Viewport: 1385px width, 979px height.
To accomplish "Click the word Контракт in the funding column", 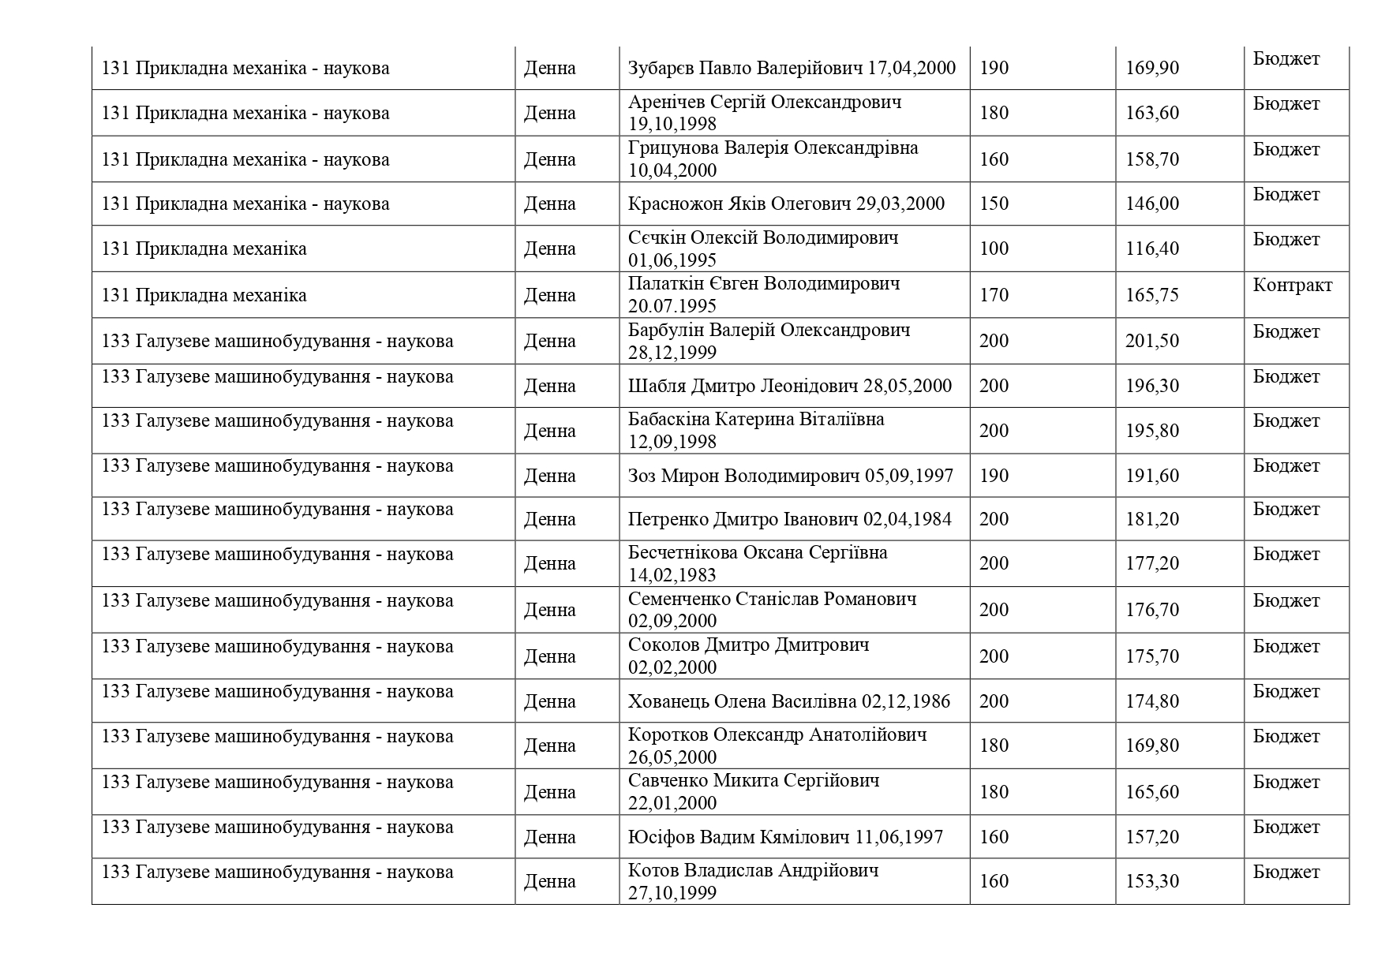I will click(1292, 285).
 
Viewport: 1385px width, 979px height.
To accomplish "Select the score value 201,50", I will click(1152, 341).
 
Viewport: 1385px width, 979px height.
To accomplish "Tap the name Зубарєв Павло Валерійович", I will click(745, 68).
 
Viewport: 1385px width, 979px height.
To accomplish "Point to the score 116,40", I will click(1152, 249).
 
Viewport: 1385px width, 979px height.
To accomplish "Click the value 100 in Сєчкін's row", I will click(994, 249).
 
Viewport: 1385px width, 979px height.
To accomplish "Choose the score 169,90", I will click(1152, 68).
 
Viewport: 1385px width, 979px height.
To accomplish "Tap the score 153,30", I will click(1152, 881).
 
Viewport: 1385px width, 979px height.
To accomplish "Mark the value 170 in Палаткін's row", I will click(994, 295).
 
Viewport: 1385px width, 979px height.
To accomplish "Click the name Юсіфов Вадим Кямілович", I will click(739, 837).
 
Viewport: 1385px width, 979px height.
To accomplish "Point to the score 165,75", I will click(1152, 295).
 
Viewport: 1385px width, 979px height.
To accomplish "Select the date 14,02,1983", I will click(672, 575).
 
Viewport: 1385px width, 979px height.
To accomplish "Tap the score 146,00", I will click(1152, 204).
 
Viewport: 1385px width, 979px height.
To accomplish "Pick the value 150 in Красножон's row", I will click(994, 204).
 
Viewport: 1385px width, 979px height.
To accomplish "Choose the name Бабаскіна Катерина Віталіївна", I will click(756, 419).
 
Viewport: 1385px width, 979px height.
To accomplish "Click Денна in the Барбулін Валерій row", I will click(550, 341).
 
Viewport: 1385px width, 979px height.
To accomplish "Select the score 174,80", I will click(1152, 701).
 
